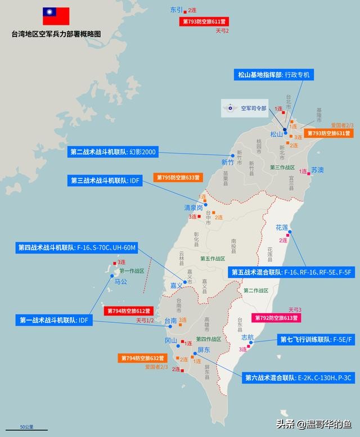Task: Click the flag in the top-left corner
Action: [x=56, y=16]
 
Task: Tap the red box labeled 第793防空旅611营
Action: [x=205, y=21]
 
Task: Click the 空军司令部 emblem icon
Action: [x=229, y=107]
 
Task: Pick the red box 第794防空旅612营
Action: [x=128, y=310]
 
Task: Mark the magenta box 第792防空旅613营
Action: [x=277, y=318]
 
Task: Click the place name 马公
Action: [x=121, y=281]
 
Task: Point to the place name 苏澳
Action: [x=318, y=170]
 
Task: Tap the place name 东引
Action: [x=177, y=10]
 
